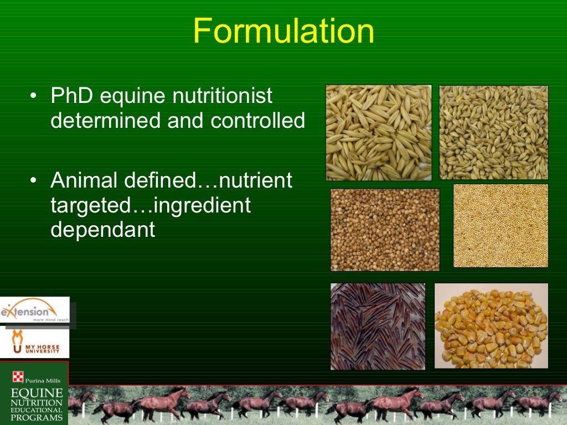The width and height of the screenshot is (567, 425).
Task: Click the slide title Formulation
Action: point(283,31)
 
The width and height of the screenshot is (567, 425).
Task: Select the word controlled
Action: point(257,120)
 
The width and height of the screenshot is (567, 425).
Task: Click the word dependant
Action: point(103,229)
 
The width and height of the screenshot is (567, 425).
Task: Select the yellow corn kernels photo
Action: point(491,325)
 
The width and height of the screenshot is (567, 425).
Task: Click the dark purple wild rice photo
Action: point(378,326)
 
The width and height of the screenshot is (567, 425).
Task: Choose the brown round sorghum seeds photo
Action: point(385,230)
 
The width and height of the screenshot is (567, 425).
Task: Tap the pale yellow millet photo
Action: point(501,225)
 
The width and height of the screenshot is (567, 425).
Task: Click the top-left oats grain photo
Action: point(379,133)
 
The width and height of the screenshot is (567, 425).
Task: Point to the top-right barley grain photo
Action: point(493,132)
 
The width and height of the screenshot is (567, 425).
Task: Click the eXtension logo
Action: point(34,312)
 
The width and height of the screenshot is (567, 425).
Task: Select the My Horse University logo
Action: point(34,343)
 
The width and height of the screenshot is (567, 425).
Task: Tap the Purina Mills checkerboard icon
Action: point(18,378)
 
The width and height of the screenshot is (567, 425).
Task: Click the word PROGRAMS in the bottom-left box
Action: point(37,418)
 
